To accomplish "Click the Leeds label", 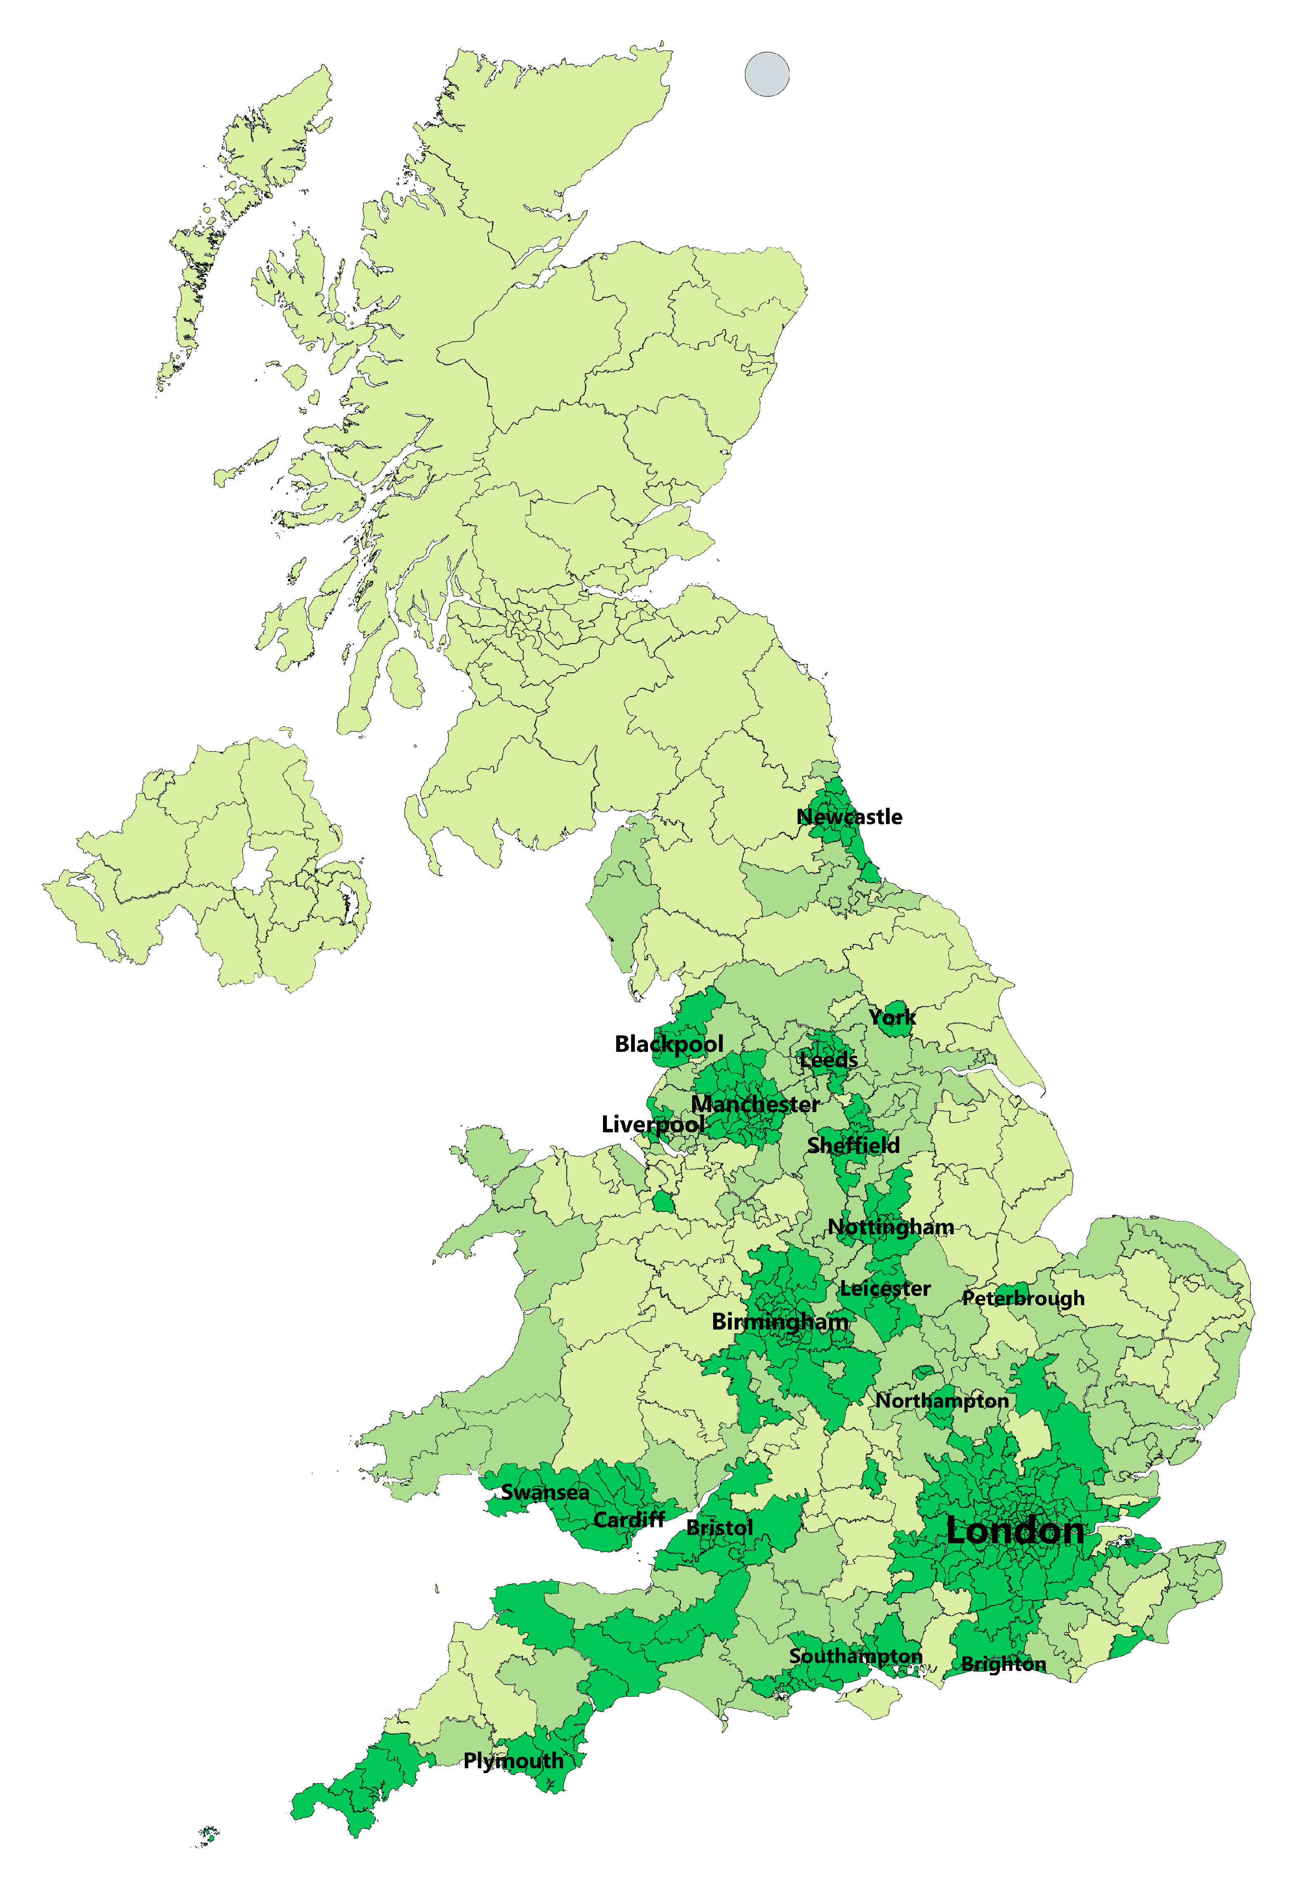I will point(829,1060).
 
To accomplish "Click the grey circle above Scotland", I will point(767,74).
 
